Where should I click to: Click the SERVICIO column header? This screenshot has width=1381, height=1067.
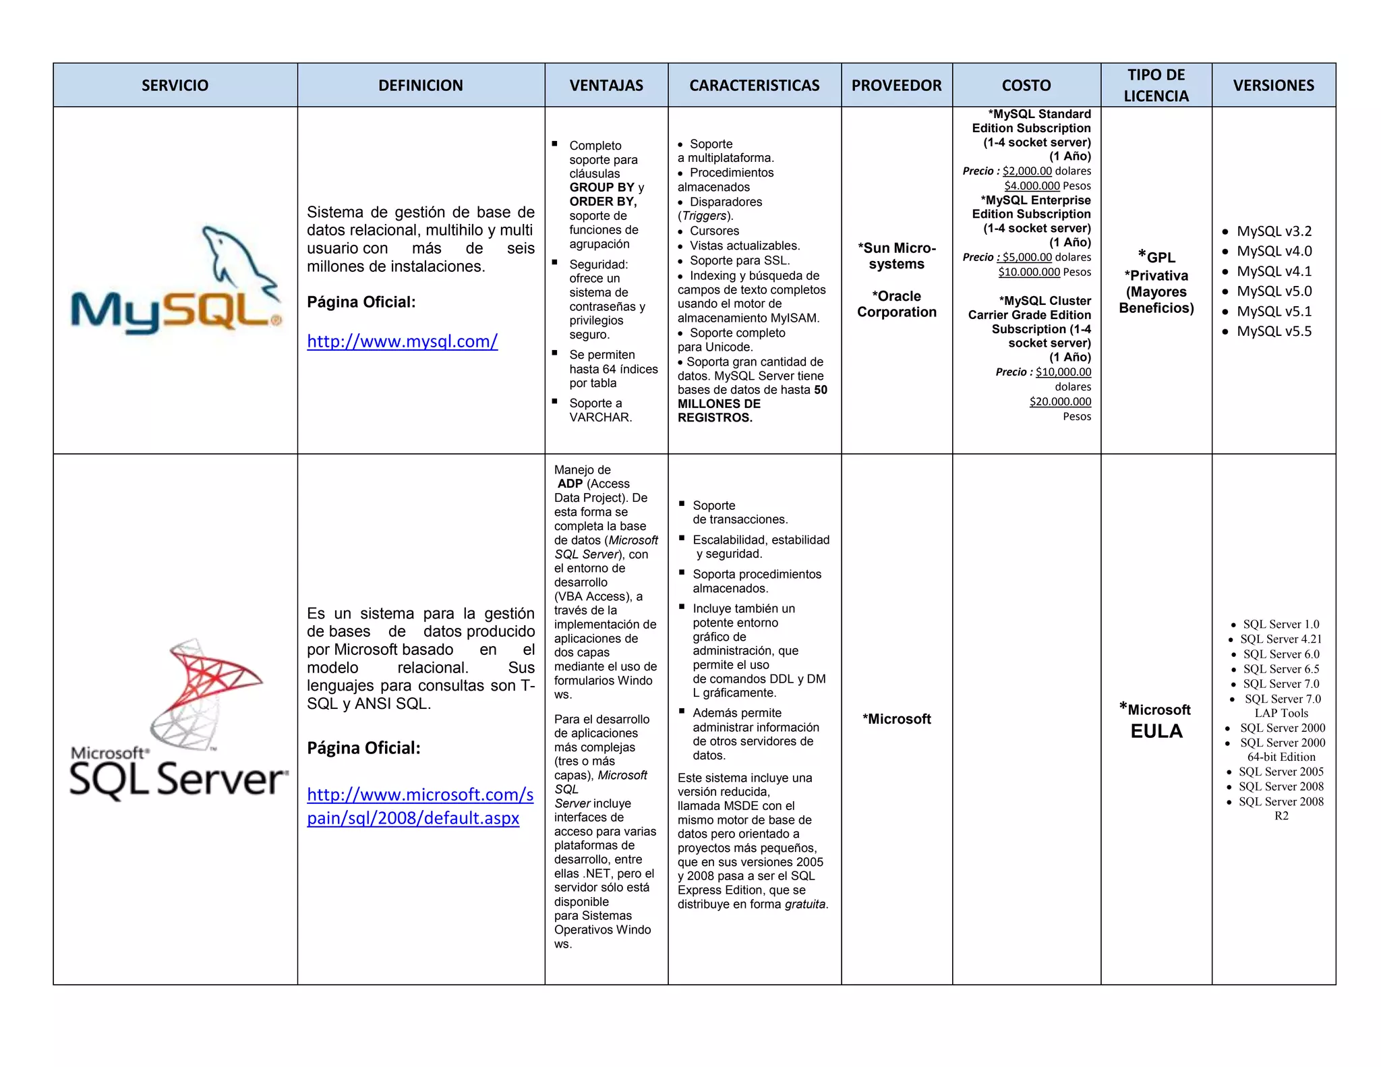pos(175,86)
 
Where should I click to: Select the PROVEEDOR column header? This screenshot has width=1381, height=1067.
pos(896,86)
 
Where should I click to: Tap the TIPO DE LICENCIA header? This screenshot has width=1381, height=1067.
pos(1156,85)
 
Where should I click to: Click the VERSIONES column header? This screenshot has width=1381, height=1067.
pos(1273,86)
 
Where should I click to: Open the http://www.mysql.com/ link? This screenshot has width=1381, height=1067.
pos(402,341)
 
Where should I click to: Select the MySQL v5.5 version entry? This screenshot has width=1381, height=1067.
pos(1274,331)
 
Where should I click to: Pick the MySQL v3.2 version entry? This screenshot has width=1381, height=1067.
pos(1274,231)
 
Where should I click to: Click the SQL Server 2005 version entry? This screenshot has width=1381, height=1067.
pos(1281,772)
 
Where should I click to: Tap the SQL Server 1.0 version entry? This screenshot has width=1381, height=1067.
pos(1281,625)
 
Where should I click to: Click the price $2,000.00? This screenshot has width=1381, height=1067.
pos(1027,171)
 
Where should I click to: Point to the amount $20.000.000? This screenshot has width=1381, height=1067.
pos(1060,402)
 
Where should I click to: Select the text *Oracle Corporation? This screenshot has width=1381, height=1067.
pos(896,304)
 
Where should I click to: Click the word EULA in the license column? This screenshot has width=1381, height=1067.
pos(1156,731)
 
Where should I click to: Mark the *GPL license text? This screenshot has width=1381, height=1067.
pos(1157,257)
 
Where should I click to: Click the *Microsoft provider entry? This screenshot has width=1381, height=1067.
pos(896,719)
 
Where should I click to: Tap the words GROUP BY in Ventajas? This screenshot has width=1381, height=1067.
pos(601,188)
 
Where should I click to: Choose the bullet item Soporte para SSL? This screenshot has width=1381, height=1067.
pos(739,261)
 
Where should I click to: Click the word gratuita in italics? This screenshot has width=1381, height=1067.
pos(805,904)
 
